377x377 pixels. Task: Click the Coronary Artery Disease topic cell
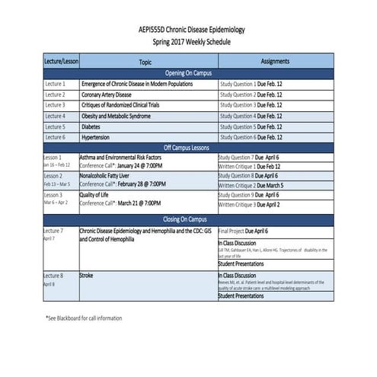[111, 94]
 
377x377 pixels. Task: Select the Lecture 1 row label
[55, 84]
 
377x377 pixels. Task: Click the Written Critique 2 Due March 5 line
[251, 185]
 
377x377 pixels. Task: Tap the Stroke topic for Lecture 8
[88, 273]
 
